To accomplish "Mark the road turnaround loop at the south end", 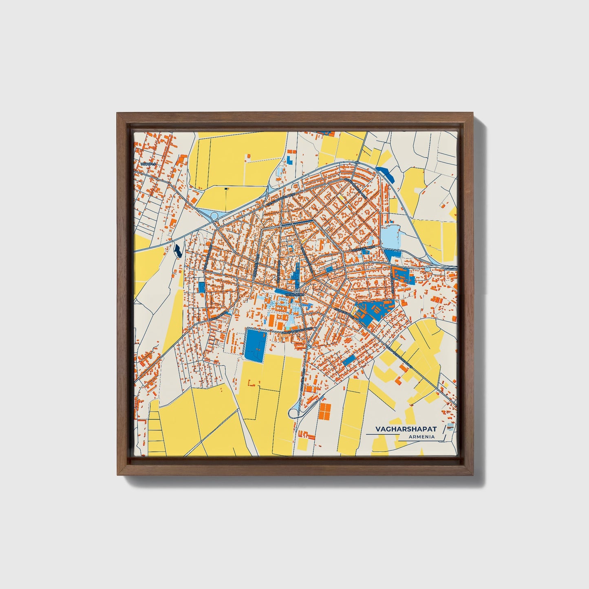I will pyautogui.click(x=293, y=413).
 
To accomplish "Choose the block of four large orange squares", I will pyautogui.click(x=325, y=411).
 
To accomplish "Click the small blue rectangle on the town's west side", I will pyautogui.click(x=202, y=287).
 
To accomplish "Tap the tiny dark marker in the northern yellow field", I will pyautogui.click(x=226, y=189).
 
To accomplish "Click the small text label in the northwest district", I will pyautogui.click(x=148, y=163).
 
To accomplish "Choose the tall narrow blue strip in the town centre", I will pyautogui.click(x=297, y=272).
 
